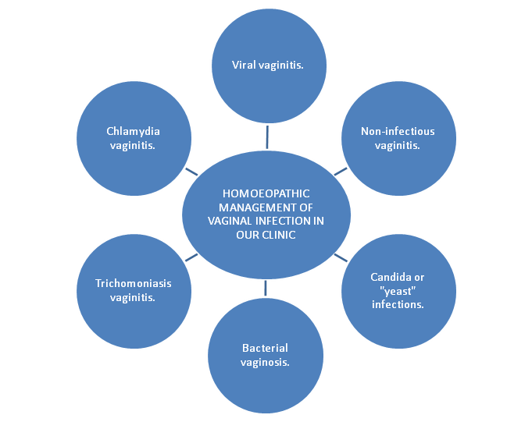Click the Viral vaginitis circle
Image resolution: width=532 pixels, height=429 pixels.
click(x=270, y=66)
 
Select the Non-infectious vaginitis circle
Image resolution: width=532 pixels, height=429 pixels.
click(x=398, y=139)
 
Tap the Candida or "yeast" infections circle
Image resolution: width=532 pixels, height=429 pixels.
click(x=398, y=290)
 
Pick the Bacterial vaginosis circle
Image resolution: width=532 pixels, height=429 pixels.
click(x=265, y=355)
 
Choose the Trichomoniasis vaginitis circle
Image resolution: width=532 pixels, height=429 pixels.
click(x=134, y=290)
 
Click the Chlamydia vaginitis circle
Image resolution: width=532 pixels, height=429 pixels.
click(x=134, y=139)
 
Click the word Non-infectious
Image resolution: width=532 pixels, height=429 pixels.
click(x=398, y=132)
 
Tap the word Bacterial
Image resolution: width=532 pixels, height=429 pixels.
click(x=265, y=348)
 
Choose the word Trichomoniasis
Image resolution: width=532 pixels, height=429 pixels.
click(x=133, y=283)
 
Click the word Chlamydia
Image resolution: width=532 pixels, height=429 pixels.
click(x=134, y=132)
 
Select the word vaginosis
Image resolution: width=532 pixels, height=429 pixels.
click(x=265, y=362)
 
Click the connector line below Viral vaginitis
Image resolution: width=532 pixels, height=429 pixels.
click(x=267, y=136)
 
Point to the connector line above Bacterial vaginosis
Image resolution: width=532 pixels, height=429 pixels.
click(x=266, y=286)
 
